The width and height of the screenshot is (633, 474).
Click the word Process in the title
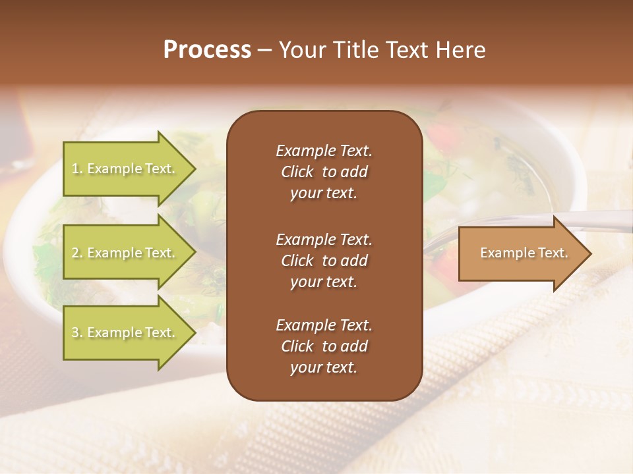[x=207, y=50]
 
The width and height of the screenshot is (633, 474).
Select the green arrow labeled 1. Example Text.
[x=125, y=169]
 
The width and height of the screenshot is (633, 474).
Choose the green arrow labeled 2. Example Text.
[x=125, y=253]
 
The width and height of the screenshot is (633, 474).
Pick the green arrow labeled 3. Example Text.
[x=125, y=332]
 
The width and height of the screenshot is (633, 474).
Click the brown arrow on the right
[x=521, y=253]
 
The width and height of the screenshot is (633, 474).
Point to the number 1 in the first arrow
[x=75, y=169]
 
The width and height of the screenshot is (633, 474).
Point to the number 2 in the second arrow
[x=75, y=253]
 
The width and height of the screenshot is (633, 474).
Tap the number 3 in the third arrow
[x=75, y=332]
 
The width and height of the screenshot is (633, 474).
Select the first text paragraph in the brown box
[x=324, y=172]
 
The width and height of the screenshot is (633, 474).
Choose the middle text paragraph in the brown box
[x=324, y=261]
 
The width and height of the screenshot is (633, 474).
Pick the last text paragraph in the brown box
[x=324, y=346]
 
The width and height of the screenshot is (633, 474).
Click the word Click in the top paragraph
[x=297, y=172]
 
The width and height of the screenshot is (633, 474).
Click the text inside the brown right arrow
[x=524, y=253]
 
